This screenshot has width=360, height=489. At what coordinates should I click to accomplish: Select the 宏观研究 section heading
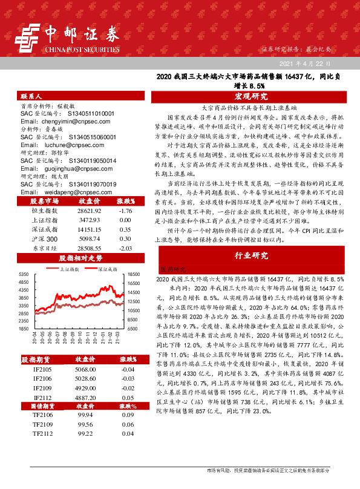250,97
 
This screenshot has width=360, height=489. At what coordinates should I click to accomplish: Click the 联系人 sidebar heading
31,97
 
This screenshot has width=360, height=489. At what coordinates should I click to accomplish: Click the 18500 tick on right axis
135,275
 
